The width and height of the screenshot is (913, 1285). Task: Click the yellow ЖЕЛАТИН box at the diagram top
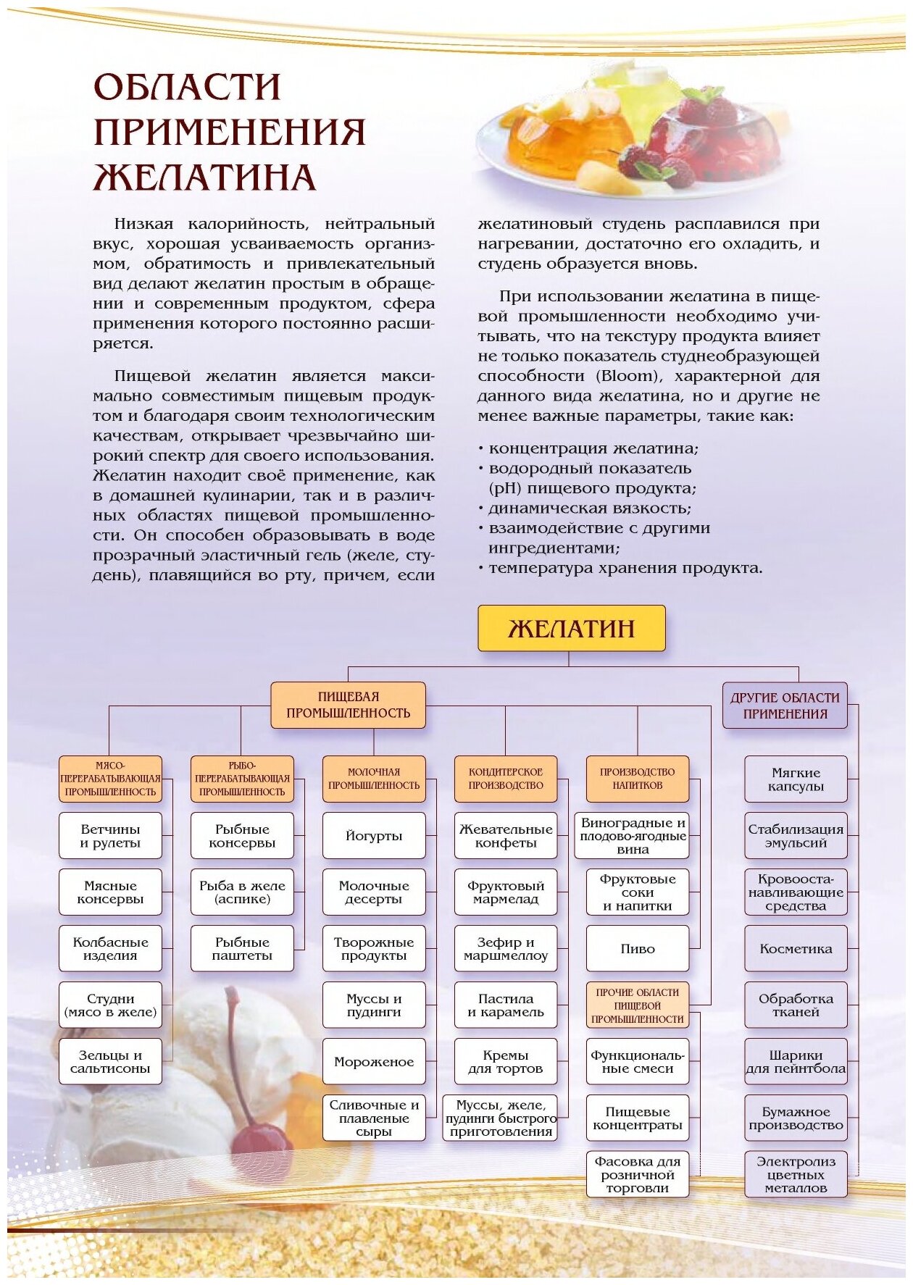click(571, 628)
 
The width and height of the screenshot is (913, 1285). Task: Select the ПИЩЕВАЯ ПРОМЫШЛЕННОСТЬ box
click(348, 705)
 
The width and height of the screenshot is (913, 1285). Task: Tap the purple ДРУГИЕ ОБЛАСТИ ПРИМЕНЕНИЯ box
click(785, 706)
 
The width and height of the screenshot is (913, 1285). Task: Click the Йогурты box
click(374, 835)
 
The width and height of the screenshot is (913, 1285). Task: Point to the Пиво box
click(638, 948)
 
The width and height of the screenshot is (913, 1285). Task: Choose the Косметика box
click(796, 948)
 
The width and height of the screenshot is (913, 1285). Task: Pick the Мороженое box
click(374, 1061)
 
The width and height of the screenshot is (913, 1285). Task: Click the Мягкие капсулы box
click(796, 779)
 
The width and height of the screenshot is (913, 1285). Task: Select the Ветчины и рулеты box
click(110, 835)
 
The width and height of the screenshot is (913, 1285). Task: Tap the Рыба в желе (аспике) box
click(242, 892)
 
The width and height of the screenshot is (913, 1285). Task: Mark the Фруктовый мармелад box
click(506, 892)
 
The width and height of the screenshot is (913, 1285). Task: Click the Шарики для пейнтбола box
click(796, 1061)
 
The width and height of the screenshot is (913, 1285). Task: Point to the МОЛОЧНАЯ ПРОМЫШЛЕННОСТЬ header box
click(374, 779)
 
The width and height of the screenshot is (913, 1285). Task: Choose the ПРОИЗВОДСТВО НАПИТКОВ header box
click(638, 779)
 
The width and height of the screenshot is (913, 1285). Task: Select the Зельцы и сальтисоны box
click(110, 1061)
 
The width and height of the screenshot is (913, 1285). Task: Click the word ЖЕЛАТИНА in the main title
click(205, 177)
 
